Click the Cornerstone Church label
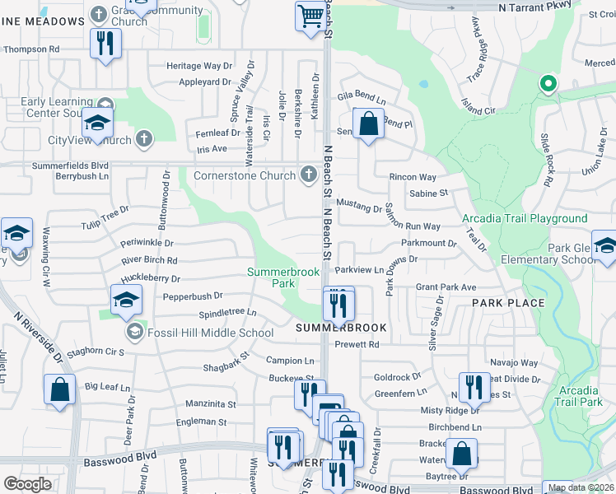[244, 175]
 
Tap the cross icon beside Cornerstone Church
[308, 174]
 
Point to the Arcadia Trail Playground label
[525, 218]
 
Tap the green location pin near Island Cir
[547, 83]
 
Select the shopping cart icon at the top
[310, 15]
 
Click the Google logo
[27, 484]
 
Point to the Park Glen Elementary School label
[572, 254]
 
